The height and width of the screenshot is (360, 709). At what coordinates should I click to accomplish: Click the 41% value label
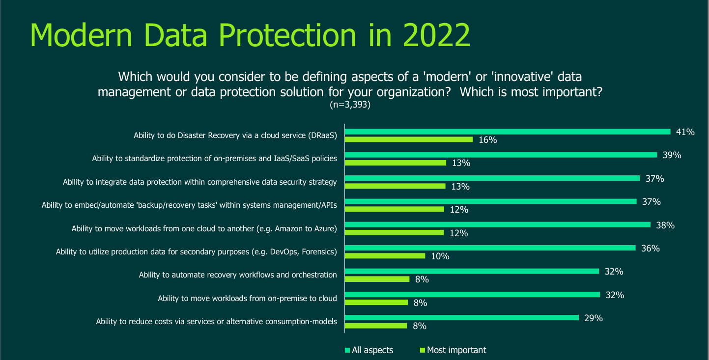685,132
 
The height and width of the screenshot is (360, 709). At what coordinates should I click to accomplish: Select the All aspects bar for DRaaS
508,132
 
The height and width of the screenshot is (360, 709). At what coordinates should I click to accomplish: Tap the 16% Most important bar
409,139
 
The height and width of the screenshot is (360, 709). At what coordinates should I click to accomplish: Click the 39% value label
672,155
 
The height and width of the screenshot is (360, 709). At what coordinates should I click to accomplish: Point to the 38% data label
665,225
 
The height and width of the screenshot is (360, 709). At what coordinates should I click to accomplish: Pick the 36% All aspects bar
490,248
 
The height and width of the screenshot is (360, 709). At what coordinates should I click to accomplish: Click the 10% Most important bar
385,255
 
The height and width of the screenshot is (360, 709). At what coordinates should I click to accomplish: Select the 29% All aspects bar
462,318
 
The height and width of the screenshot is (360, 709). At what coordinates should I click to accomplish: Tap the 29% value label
594,318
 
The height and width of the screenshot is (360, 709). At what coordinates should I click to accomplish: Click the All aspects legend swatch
347,350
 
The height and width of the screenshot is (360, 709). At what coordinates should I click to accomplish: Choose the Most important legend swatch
423,350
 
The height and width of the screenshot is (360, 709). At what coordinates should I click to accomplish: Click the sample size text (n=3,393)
350,105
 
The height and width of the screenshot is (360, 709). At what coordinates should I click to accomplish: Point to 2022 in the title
437,35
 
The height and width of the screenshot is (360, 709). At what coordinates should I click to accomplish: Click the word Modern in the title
81,35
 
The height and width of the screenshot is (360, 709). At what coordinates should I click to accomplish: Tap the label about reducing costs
217,321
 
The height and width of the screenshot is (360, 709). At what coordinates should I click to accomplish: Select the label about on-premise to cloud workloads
248,298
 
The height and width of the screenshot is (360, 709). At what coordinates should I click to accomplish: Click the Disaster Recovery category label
235,136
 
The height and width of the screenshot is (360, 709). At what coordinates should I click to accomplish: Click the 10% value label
440,256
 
